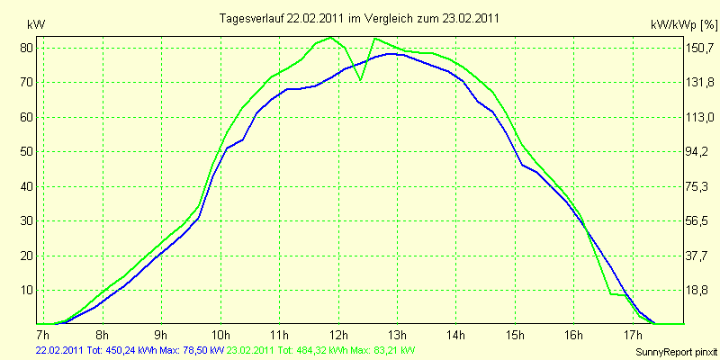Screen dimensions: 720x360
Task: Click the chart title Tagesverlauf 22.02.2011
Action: [282, 18]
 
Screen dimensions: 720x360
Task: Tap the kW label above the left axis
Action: [36, 25]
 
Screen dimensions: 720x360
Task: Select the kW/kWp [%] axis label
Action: [684, 25]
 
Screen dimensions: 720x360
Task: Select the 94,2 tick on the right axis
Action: [699, 152]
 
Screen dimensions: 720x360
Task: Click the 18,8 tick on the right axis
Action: [699, 291]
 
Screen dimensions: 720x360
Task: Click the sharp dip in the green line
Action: [361, 80]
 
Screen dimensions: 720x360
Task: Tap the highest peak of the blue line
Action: [391, 54]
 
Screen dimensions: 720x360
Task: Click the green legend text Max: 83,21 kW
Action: [382, 350]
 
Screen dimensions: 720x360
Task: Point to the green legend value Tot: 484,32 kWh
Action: [312, 350]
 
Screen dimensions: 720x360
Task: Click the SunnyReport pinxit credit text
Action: [676, 352]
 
